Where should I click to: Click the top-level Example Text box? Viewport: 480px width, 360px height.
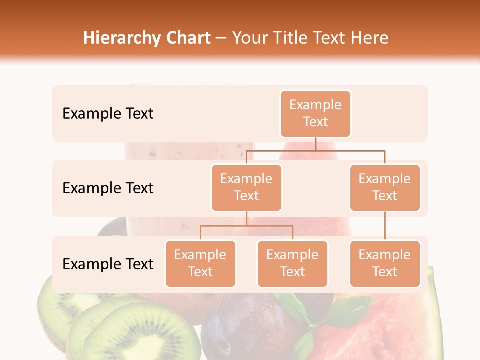point(315,113)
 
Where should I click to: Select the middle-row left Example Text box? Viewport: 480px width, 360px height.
point(246,187)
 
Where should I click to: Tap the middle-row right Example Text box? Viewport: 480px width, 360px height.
point(385,187)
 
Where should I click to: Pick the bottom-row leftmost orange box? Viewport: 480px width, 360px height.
point(200,263)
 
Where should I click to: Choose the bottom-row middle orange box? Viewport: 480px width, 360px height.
point(292,263)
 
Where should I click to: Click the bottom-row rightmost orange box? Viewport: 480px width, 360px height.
point(385,263)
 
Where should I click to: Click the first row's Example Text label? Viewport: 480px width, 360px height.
point(108,114)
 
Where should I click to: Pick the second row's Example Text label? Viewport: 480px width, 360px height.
point(108,188)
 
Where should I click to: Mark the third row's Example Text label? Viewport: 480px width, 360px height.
point(108,264)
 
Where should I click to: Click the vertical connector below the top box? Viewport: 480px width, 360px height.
point(315,144)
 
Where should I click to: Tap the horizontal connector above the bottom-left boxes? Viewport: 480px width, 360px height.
point(246,226)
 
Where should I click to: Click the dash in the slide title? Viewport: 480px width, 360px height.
point(221,38)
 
